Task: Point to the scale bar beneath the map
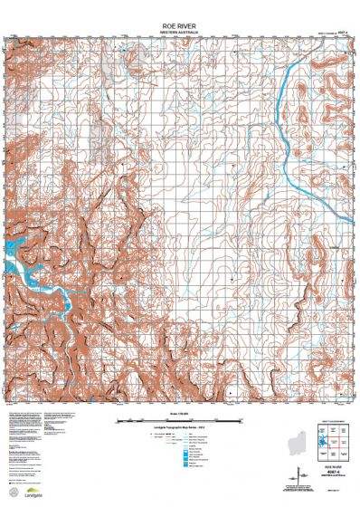tap(181, 423)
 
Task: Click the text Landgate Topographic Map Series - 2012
tap(181, 430)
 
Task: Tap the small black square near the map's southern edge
tap(230, 393)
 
